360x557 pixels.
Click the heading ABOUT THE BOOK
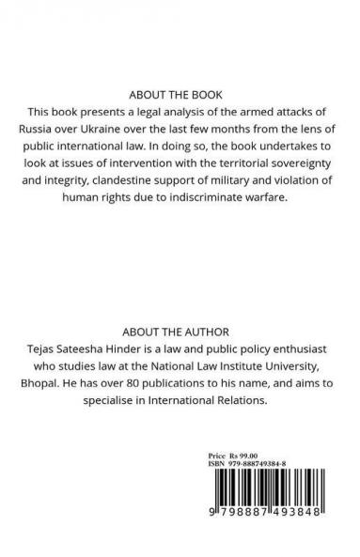pyautogui.click(x=180, y=95)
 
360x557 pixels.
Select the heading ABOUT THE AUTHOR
pyautogui.click(x=180, y=332)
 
